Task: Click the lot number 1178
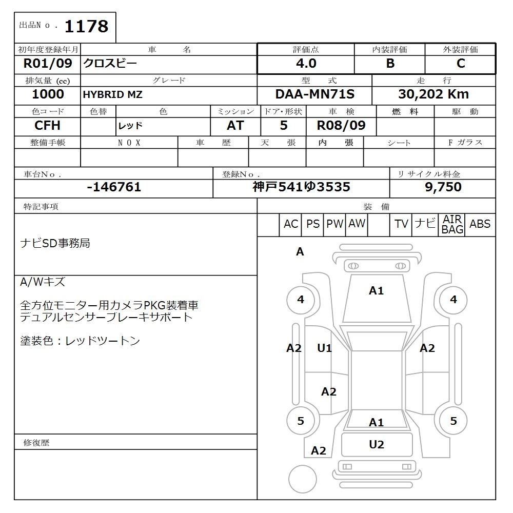(x=86, y=26)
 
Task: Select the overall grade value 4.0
(x=306, y=64)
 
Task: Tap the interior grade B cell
(x=390, y=64)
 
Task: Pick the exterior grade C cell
(x=461, y=64)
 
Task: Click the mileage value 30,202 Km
(x=433, y=94)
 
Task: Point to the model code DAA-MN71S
(x=314, y=94)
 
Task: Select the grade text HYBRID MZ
(x=113, y=95)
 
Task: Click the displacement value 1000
(x=48, y=94)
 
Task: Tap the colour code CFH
(x=47, y=126)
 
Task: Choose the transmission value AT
(x=235, y=126)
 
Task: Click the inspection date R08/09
(x=341, y=126)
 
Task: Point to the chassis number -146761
(x=114, y=187)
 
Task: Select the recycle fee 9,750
(x=443, y=187)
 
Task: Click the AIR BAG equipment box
(x=452, y=225)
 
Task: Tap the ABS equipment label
(x=480, y=224)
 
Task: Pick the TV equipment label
(x=401, y=224)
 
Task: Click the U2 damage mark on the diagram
(x=377, y=445)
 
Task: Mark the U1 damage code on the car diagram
(x=324, y=348)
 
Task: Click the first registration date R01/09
(x=48, y=64)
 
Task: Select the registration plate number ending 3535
(x=301, y=187)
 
